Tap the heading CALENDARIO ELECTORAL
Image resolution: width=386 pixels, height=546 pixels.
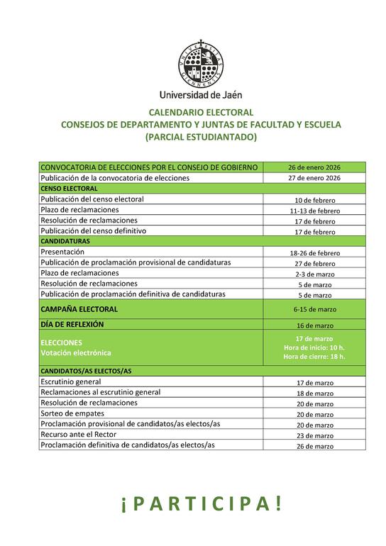click(201, 112)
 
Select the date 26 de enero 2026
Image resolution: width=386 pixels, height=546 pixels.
click(314, 167)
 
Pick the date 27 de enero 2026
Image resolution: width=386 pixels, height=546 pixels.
click(314, 178)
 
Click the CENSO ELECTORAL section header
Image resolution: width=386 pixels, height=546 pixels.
click(70, 189)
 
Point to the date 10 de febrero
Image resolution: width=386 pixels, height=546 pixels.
click(314, 200)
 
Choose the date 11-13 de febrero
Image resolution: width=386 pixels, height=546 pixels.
click(314, 211)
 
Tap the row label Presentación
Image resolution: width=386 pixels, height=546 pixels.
click(62, 252)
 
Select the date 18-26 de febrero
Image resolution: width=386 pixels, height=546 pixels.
click(314, 252)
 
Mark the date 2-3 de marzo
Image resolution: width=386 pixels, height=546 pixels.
click(314, 274)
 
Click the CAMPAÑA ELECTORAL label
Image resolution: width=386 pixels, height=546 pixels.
click(79, 309)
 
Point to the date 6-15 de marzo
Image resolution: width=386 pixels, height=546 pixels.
click(314, 310)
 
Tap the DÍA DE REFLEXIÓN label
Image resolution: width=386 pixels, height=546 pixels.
click(72, 324)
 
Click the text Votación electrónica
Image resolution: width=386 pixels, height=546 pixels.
click(76, 352)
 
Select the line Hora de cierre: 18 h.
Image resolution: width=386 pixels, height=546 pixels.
click(314, 357)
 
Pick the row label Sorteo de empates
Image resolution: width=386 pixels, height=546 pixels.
click(72, 413)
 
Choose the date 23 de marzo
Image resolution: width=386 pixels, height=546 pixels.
click(314, 435)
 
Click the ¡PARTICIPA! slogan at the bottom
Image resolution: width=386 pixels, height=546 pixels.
click(201, 503)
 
